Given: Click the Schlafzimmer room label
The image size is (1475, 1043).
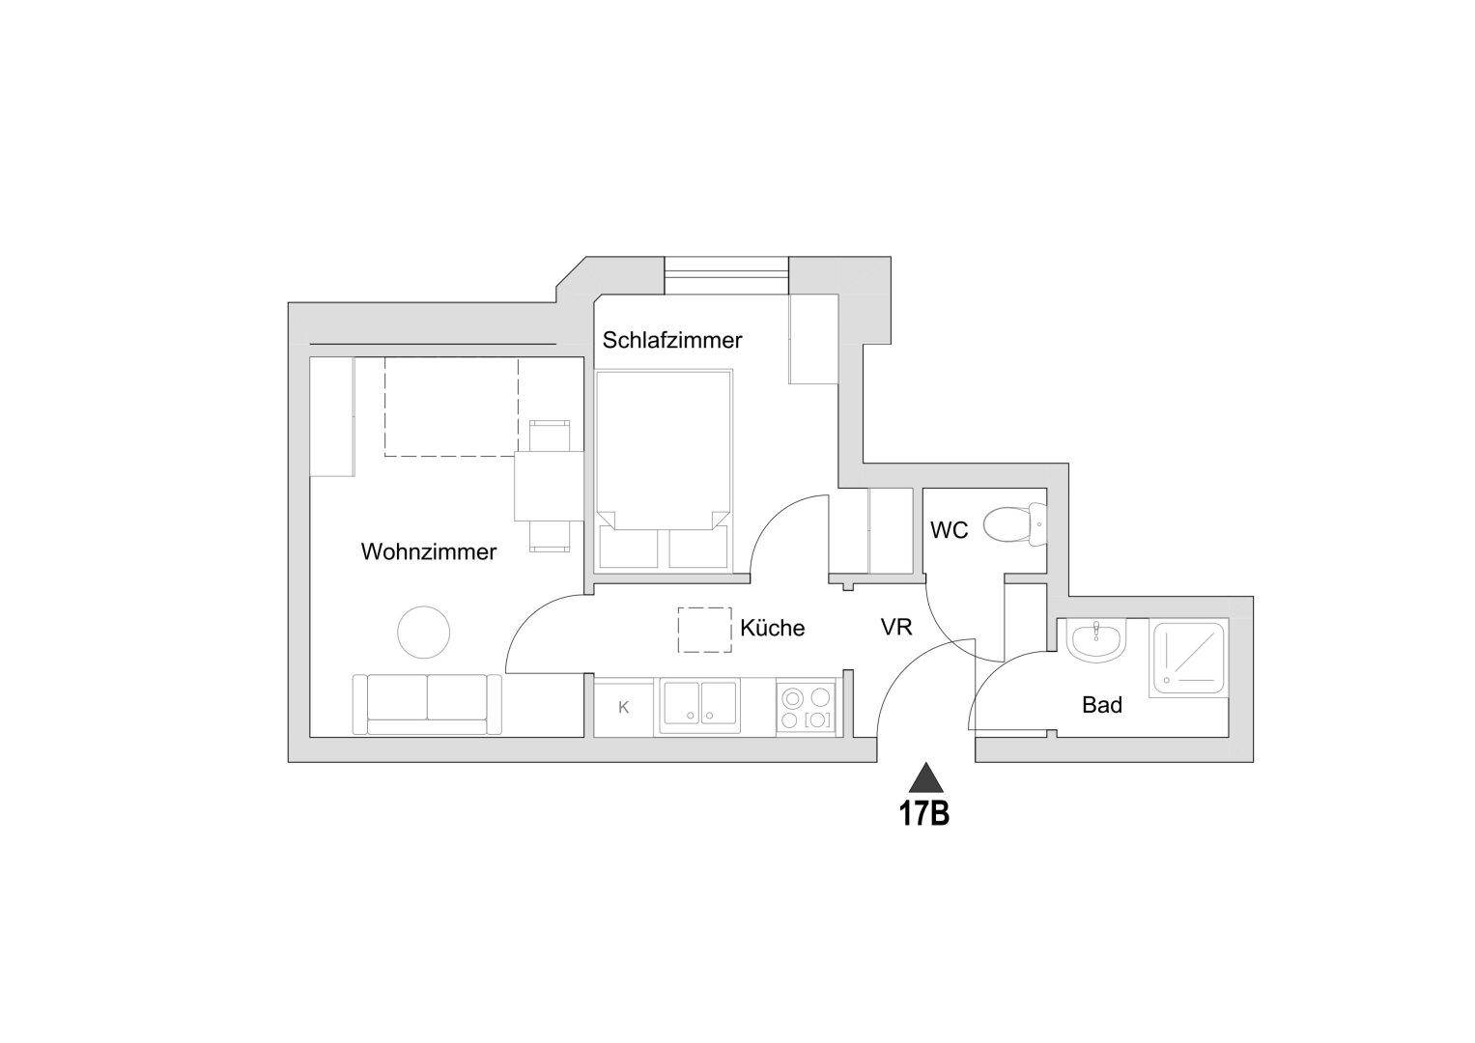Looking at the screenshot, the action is (672, 341).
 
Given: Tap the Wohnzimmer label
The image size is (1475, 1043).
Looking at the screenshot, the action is (429, 552).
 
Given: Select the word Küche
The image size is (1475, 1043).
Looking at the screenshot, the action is (772, 629).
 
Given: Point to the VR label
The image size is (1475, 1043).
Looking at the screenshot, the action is (896, 628).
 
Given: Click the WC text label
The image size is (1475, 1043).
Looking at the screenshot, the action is (949, 531).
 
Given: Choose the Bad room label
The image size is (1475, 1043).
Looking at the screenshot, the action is (1101, 706).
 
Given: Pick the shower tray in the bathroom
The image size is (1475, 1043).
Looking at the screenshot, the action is (1189, 657).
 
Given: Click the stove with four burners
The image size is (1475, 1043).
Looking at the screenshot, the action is (807, 708).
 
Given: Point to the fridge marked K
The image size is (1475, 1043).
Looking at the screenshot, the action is (624, 708).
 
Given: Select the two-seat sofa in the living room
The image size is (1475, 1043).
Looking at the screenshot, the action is (427, 704).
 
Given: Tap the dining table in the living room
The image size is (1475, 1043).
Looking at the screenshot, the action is (549, 487).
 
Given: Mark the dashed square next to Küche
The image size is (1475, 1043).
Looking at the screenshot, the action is (704, 631).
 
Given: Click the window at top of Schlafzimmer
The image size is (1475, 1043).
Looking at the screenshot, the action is (726, 274).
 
